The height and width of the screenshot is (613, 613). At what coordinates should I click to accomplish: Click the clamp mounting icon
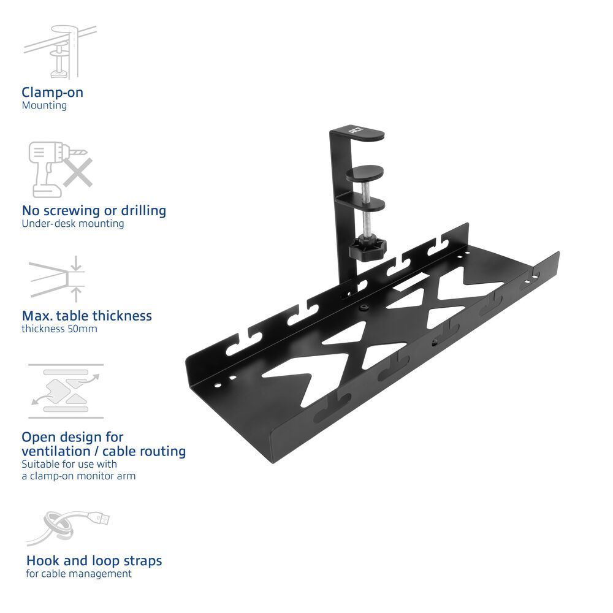[59, 51]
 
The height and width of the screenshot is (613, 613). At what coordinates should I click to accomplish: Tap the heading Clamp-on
[52, 93]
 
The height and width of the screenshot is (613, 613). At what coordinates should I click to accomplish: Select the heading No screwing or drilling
[94, 210]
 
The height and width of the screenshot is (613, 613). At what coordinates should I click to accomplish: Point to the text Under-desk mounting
[72, 224]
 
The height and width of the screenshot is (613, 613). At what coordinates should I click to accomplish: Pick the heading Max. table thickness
[86, 316]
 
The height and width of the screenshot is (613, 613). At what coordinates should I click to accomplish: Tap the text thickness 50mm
[59, 329]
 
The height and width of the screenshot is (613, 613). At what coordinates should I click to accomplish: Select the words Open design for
[72, 437]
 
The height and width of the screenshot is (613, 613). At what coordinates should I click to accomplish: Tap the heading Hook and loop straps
[94, 560]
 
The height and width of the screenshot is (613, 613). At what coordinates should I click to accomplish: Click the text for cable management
[78, 574]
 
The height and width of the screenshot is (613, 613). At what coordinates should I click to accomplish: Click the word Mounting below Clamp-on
[44, 105]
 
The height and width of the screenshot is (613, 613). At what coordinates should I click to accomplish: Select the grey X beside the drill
[77, 172]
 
